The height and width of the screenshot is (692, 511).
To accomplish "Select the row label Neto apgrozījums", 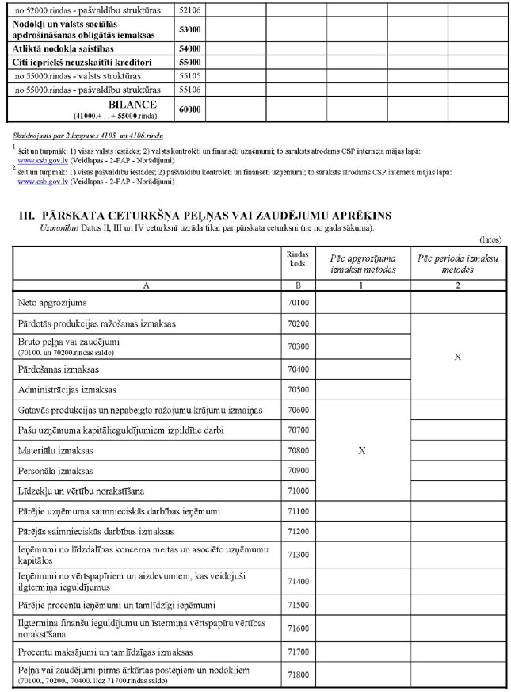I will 52,303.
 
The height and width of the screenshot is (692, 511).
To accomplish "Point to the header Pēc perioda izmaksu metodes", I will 457,264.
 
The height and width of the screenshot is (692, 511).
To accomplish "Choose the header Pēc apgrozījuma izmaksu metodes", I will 362,264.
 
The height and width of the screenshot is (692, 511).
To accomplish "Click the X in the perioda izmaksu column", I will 457,357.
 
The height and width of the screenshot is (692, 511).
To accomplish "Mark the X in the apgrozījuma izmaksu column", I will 362,450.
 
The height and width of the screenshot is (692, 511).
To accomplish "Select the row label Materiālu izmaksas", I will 55,450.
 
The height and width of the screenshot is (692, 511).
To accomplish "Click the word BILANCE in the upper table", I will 132,105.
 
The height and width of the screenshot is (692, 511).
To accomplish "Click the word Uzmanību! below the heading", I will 59,228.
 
